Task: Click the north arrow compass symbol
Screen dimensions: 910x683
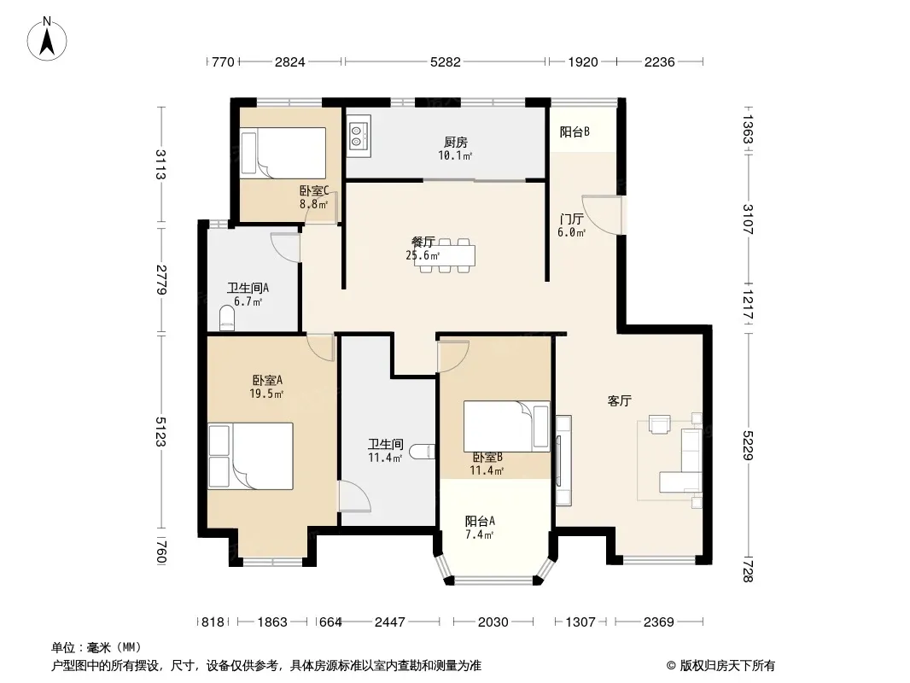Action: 47,39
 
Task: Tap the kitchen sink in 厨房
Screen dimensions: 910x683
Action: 359,136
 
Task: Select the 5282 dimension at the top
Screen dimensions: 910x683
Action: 445,61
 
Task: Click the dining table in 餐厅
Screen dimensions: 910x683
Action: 445,255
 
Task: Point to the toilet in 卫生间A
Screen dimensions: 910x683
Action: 227,318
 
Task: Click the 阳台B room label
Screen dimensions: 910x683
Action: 575,132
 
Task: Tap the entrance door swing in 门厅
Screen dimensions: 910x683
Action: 603,214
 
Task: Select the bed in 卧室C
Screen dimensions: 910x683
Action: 283,153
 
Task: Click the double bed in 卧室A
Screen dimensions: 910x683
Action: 251,456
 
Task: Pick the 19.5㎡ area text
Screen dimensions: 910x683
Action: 266,394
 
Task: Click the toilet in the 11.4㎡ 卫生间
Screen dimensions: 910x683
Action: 422,451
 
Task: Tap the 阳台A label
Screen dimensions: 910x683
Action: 480,521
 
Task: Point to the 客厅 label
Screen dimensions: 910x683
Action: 619,400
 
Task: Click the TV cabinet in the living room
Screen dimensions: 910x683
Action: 563,460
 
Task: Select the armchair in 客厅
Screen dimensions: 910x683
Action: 660,424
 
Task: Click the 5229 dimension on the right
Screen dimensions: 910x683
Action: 748,446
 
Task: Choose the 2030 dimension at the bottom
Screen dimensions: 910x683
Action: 493,622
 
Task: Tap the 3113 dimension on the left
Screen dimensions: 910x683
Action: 160,164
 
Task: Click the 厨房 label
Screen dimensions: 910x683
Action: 456,143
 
